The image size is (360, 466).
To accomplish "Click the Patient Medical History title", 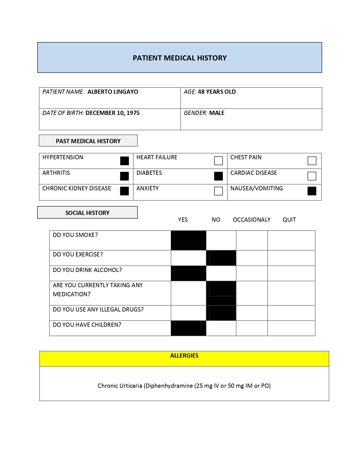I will point(180,58).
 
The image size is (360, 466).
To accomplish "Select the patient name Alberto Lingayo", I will point(113,92).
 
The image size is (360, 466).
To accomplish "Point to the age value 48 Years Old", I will point(217,92).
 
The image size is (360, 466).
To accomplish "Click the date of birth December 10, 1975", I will point(112,113).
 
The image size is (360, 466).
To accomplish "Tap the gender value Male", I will point(217,113).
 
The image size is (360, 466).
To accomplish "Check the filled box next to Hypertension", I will point(125,161).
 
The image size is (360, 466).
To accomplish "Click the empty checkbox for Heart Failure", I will point(218,161).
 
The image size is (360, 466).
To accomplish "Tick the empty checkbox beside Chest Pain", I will point(312,161).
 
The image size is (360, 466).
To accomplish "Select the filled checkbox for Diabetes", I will point(218,176).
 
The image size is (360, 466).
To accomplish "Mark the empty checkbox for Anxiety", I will point(218,191).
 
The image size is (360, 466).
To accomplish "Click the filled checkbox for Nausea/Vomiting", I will point(312,191).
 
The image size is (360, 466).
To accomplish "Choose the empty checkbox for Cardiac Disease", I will point(312,176).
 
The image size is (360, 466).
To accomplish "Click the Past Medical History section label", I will point(88,141).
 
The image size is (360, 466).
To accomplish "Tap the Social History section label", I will point(87,213).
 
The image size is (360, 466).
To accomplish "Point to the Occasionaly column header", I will point(252,220).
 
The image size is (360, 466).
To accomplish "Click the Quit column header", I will point(289,220).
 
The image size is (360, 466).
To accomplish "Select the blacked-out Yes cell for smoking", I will point(188,240).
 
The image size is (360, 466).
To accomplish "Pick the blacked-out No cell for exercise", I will point(221,258).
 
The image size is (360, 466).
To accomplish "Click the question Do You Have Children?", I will point(87,325).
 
